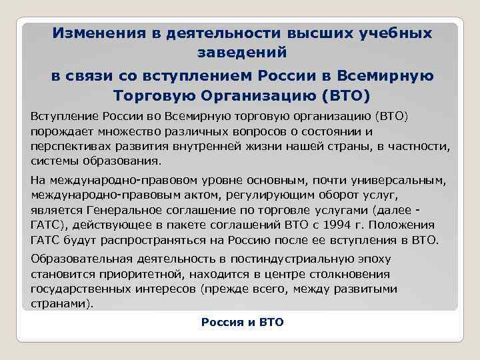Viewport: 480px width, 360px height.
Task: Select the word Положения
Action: click(405, 225)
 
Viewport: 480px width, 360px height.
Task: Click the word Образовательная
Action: click(81, 259)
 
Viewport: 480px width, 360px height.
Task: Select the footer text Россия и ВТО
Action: click(242, 323)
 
